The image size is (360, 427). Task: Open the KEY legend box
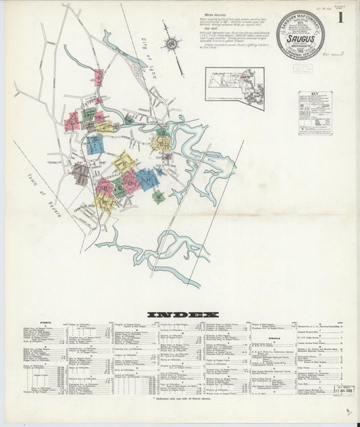[x=315, y=114]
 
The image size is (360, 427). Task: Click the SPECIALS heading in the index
[x=274, y=336]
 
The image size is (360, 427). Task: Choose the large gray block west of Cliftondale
[x=80, y=174]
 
